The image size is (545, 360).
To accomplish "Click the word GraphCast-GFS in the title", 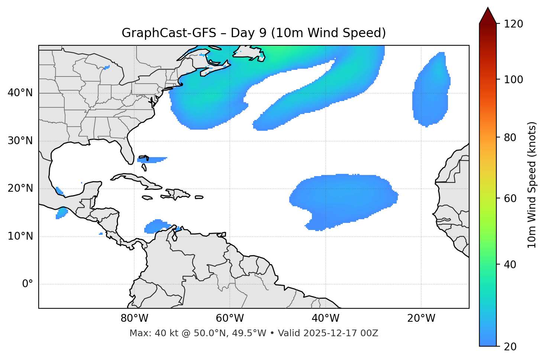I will click(169, 33).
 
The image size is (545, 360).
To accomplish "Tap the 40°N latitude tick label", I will click(20, 93).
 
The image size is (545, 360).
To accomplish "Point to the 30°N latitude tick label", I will click(20, 141).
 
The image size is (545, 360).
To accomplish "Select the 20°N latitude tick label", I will click(20, 188).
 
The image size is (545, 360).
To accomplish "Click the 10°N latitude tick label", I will click(20, 236).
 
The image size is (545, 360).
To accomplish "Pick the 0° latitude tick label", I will click(28, 284).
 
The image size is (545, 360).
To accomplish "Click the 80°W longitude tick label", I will click(134, 318).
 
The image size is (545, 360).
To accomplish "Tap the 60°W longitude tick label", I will click(230, 318).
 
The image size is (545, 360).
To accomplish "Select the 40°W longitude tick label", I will click(325, 318).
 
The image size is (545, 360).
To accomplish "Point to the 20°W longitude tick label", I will click(421, 318).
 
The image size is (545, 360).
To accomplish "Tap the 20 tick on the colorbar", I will click(510, 347).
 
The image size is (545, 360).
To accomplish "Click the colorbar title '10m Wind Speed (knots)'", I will click(532, 185).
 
